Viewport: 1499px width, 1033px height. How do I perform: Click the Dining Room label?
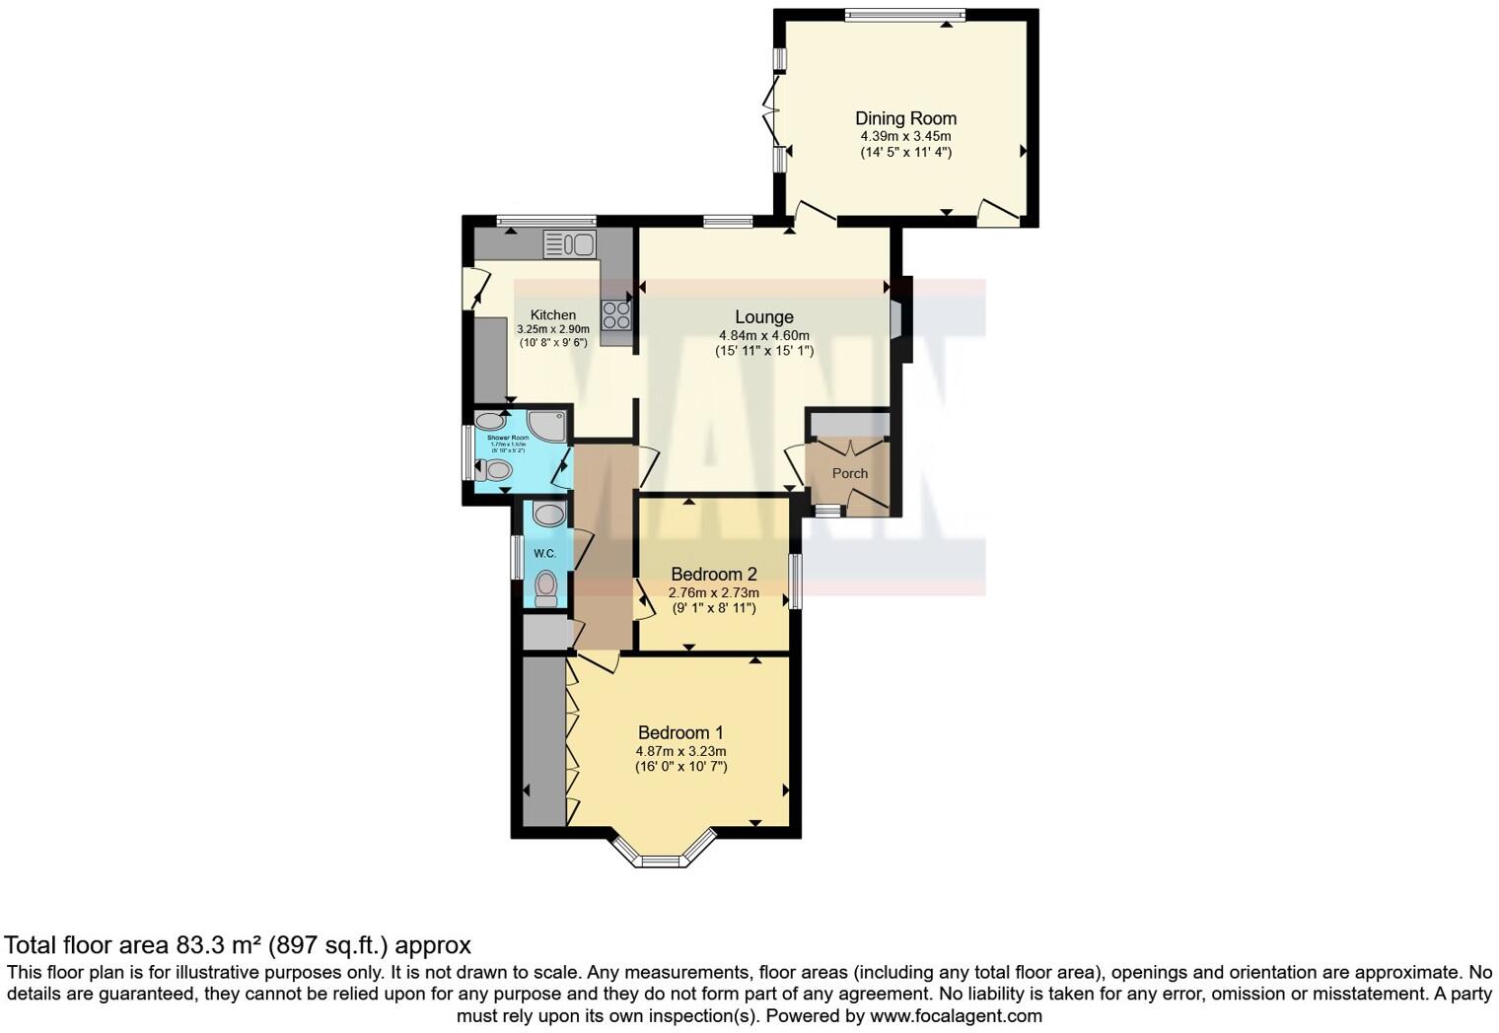coord(905,118)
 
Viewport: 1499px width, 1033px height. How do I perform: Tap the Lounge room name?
coord(763,316)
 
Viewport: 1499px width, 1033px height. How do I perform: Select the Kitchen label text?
coord(552,314)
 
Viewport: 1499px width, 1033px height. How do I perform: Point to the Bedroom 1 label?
coord(680,732)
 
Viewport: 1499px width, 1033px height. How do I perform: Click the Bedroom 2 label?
coord(713,574)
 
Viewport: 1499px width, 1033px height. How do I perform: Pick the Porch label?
coord(849,473)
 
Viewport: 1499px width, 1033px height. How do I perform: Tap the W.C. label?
coord(544,554)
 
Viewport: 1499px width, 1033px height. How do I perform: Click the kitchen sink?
coord(568,243)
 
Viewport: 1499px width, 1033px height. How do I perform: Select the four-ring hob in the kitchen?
coord(616,314)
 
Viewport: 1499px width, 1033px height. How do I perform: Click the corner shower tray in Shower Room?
coord(548,425)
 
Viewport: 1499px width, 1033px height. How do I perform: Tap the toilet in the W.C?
coord(545,587)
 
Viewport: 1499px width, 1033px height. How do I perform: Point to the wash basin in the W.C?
coord(548,514)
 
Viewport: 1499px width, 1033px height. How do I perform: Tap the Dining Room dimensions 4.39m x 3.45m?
coord(905,137)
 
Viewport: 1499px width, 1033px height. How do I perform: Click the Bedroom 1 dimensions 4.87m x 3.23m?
coord(680,751)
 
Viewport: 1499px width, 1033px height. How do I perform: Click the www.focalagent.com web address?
coord(955,1015)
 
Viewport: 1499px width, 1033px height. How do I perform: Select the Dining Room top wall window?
coord(904,14)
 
